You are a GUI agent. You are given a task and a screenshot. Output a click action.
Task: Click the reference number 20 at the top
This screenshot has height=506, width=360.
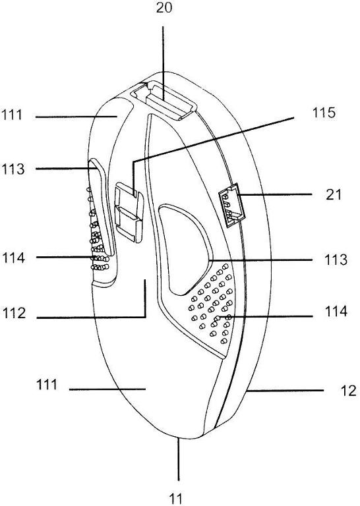pyautogui.click(x=164, y=7)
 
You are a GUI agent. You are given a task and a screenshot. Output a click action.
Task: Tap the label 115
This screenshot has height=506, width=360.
pyautogui.click(x=324, y=113)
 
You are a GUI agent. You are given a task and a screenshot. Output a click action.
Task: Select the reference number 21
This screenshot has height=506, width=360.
pyautogui.click(x=333, y=194)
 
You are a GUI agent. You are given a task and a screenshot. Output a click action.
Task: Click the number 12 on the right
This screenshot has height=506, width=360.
pyautogui.click(x=348, y=391)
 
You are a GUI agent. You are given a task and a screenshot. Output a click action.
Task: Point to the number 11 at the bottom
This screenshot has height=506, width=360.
pyautogui.click(x=175, y=499)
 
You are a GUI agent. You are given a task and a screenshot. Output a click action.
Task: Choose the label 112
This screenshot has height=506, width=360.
pyautogui.click(x=15, y=313)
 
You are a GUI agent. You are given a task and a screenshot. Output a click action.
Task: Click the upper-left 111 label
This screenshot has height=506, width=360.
pyautogui.click(x=12, y=115)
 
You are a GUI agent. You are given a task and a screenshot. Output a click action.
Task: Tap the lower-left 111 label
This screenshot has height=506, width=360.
pyautogui.click(x=47, y=384)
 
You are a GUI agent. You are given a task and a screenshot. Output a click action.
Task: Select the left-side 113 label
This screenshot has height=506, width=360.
pyautogui.click(x=13, y=169)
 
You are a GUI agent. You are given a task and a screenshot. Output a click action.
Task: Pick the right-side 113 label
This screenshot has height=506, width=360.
pyautogui.click(x=336, y=260)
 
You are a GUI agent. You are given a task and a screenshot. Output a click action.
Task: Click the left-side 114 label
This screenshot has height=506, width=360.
pyautogui.click(x=13, y=258)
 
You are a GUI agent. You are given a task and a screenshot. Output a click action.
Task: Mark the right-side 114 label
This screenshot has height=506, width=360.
pyautogui.click(x=336, y=312)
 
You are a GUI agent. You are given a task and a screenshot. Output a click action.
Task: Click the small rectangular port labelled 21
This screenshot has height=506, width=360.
pyautogui.click(x=232, y=206)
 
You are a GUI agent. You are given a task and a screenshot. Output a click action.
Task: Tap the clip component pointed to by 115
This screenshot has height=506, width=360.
pyautogui.click(x=129, y=212)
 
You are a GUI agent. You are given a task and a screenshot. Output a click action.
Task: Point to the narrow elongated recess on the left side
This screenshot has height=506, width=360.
pyautogui.click(x=101, y=206)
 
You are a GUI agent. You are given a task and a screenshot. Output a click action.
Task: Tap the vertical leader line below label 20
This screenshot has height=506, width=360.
pyautogui.click(x=163, y=63)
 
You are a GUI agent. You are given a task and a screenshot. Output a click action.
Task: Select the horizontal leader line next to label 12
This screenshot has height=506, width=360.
pyautogui.click(x=285, y=391)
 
